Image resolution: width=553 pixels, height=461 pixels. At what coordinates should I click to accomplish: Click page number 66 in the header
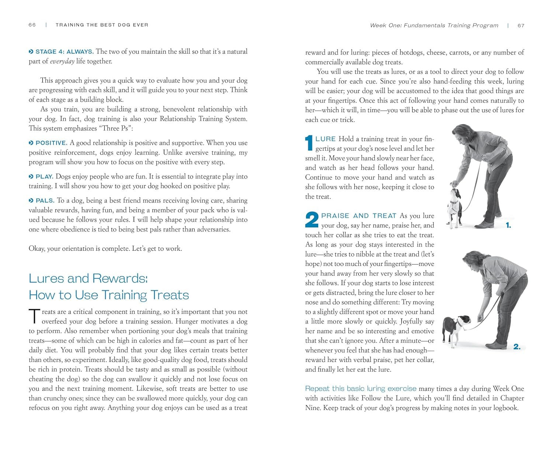(32, 25)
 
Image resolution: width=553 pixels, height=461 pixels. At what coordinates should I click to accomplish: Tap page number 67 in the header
(521, 25)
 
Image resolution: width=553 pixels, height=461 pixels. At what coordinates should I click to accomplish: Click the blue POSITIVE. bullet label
(51, 143)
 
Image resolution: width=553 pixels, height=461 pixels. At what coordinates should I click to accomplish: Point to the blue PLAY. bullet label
(44, 177)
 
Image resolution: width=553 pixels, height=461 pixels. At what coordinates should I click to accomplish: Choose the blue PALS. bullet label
(45, 201)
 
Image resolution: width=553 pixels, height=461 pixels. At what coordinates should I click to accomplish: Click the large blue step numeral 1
(309, 143)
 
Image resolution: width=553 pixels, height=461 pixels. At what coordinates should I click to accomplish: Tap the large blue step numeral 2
(312, 220)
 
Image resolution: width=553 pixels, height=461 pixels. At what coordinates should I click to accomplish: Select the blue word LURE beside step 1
(326, 139)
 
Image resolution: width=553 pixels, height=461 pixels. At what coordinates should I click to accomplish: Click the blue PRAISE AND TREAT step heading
(358, 216)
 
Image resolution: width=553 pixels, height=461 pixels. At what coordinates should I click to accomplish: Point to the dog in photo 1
(454, 207)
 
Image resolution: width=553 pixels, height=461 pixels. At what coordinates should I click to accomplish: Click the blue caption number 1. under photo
(508, 225)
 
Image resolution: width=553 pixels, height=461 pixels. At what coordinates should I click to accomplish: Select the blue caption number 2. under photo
(517, 347)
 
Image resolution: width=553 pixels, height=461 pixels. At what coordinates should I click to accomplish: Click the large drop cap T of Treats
(34, 317)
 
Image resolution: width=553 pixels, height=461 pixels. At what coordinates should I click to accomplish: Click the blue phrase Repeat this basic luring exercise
(361, 389)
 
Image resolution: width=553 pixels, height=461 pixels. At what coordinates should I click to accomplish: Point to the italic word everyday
(62, 61)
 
